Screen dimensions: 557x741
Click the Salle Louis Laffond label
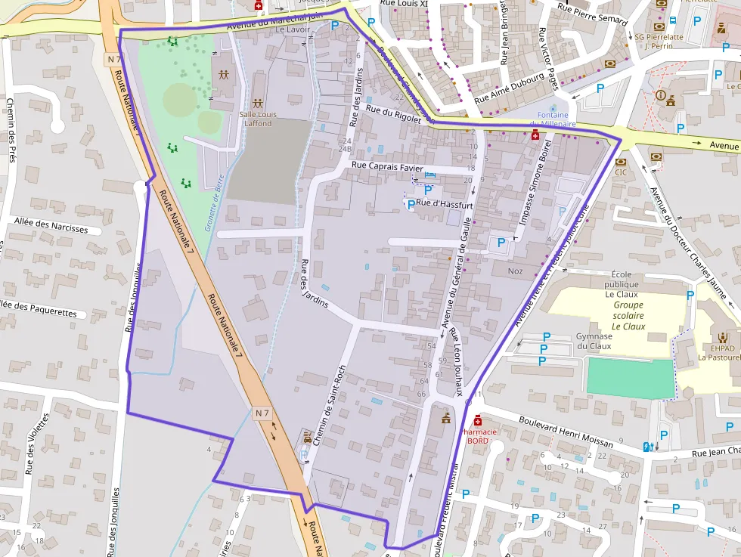tap(258, 119)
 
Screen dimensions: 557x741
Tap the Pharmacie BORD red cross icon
tap(477, 420)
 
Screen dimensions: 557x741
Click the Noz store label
tap(515, 271)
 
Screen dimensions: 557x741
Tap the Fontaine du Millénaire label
tap(552, 119)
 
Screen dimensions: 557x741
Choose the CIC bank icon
tap(621, 162)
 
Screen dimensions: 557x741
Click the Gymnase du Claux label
tap(594, 341)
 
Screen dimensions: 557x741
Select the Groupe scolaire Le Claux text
tap(619, 316)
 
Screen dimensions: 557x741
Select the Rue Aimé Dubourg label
tap(509, 88)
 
